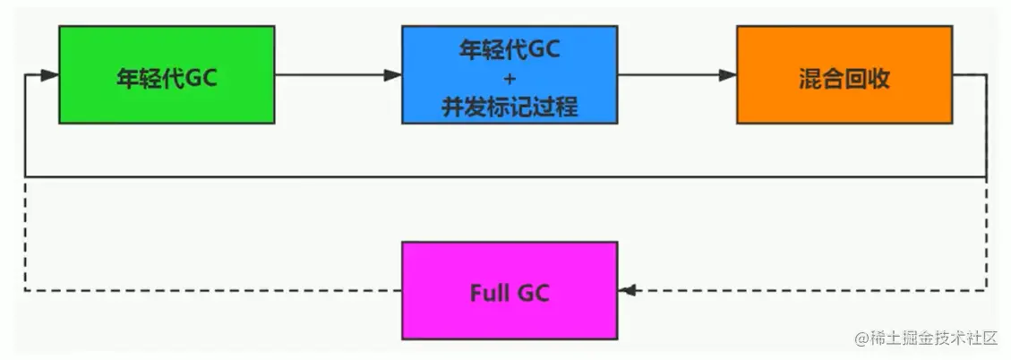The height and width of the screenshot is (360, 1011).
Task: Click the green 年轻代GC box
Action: click(x=167, y=74)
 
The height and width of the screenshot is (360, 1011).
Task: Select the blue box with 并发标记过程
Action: click(x=509, y=74)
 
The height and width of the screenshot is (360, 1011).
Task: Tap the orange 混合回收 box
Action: click(x=844, y=74)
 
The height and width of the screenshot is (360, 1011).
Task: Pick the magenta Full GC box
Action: click(x=509, y=290)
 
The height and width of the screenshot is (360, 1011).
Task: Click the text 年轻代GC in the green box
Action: click(x=167, y=77)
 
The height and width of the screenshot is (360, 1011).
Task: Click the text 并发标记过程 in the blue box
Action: click(x=509, y=107)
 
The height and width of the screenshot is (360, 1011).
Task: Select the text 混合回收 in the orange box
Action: click(x=844, y=78)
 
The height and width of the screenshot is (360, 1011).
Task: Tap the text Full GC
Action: click(x=509, y=293)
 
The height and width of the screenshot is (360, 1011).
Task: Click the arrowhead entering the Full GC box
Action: click(x=627, y=290)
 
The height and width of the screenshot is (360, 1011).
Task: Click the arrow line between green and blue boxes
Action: click(x=331, y=75)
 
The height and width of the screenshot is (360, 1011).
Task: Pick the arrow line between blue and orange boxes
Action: click(x=672, y=75)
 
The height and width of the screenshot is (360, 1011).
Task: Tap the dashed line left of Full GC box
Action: click(x=215, y=290)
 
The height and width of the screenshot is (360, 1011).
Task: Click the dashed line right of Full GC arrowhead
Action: click(x=806, y=290)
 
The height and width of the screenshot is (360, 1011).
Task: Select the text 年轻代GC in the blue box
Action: click(x=509, y=50)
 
